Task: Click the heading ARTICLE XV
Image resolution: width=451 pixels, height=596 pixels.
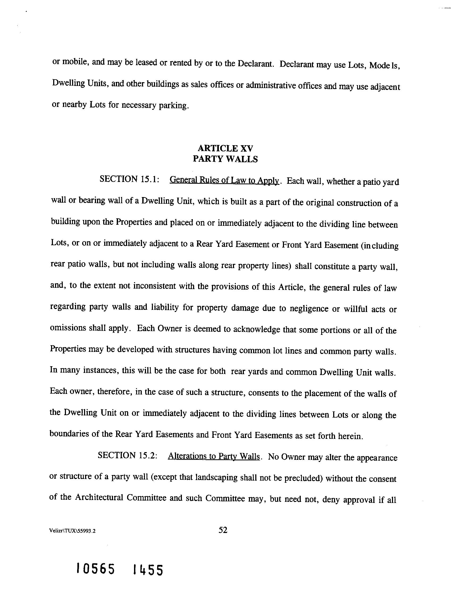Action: click(x=225, y=148)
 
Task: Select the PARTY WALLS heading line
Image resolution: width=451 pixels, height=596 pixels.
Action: click(x=225, y=159)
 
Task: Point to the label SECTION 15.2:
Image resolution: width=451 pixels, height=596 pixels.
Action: click(x=127, y=455)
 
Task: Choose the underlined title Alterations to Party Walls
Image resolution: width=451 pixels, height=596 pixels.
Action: click(x=214, y=456)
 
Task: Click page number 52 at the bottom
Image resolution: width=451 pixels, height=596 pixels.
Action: click(x=223, y=530)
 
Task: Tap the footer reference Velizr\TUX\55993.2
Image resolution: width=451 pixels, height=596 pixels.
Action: click(x=73, y=531)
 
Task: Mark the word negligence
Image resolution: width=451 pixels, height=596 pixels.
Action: click(x=309, y=309)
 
